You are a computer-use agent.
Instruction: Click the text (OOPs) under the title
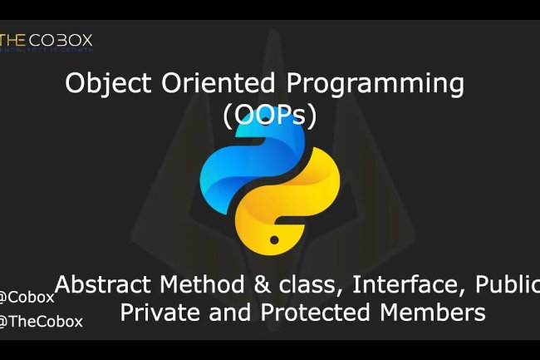point(270,117)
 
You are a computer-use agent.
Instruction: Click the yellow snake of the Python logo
point(300,203)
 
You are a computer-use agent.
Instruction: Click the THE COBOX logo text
point(47,40)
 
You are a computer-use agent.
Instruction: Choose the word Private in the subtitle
point(162,313)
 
